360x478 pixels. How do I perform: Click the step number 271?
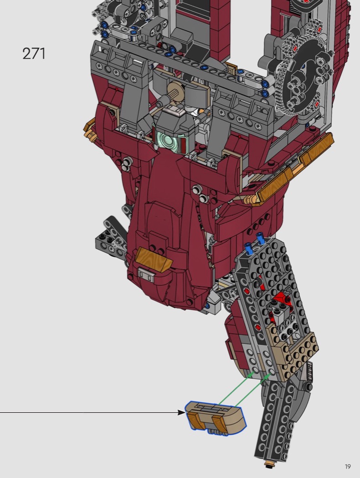point(34,54)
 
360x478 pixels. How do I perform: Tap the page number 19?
point(348,467)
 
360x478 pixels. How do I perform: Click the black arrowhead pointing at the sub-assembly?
point(181,412)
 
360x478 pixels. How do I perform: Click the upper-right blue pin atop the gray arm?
point(261,238)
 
